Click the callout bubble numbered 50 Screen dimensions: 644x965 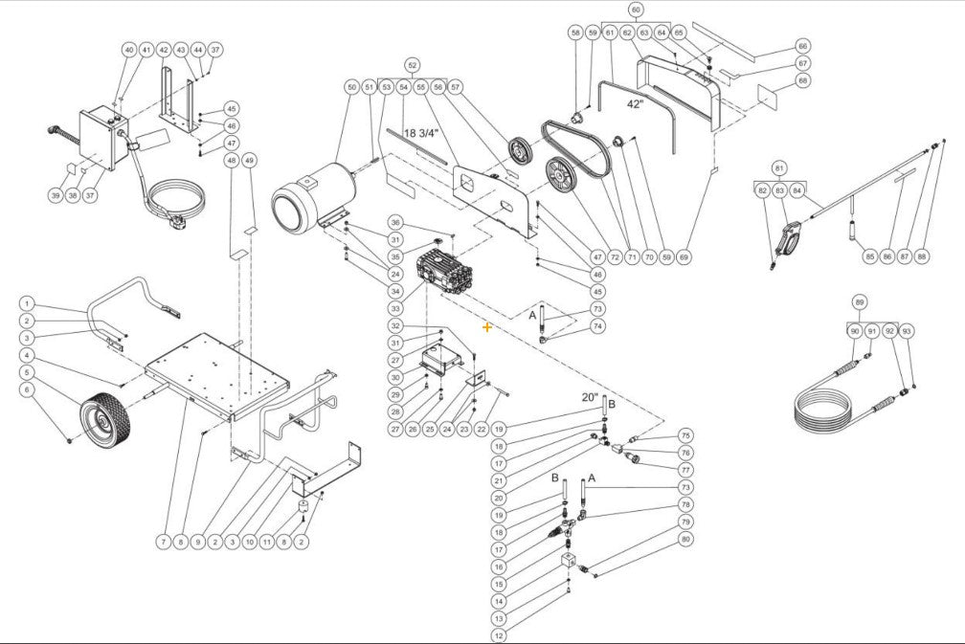click(x=352, y=87)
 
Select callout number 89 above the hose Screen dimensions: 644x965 click(x=860, y=302)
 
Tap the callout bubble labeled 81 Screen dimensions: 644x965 click(x=778, y=167)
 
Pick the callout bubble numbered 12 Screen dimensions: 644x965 click(x=498, y=634)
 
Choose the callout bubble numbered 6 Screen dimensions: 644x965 click(x=27, y=389)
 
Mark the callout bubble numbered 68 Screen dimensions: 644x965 click(x=802, y=81)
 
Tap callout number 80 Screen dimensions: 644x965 click(x=685, y=540)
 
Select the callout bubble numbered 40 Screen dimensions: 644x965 click(x=128, y=49)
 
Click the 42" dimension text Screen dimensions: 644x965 click(x=637, y=103)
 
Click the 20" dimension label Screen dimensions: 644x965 click(x=589, y=397)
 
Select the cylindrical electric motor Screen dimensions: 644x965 click(x=311, y=199)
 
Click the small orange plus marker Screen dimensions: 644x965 click(x=487, y=327)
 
